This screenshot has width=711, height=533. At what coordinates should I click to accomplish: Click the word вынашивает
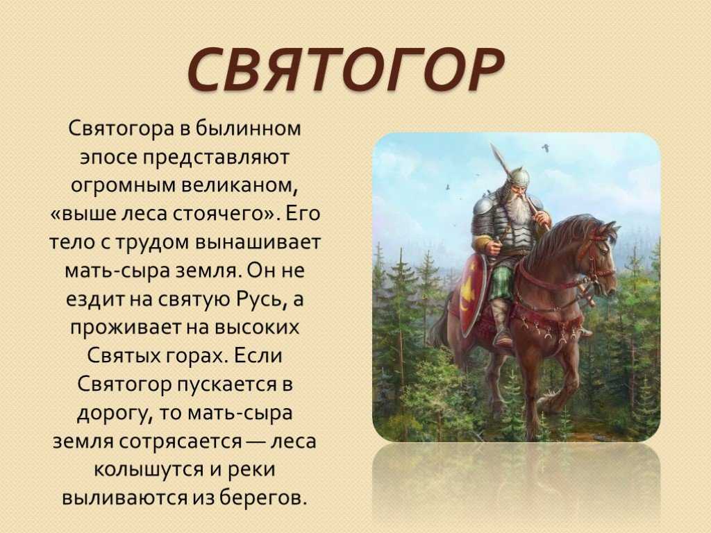coord(258,242)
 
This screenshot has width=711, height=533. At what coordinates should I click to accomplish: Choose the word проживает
coord(126,328)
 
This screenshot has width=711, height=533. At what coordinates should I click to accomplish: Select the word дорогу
coord(115,414)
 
